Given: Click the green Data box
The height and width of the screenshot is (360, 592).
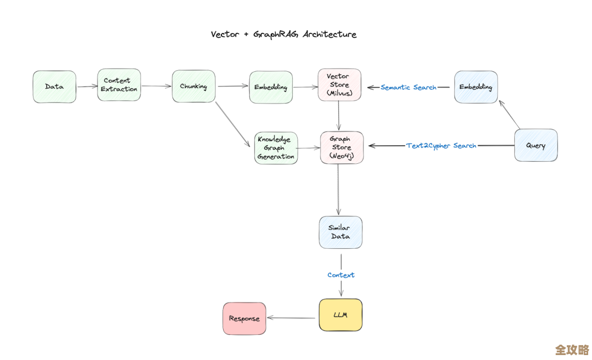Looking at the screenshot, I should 54,87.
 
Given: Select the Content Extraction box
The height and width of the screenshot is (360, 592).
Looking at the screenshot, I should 119,85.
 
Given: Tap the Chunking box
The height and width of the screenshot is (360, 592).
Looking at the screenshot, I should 193,86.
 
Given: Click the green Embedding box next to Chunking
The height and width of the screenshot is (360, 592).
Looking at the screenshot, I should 271,87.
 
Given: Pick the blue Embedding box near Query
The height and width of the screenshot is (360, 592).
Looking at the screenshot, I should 476,87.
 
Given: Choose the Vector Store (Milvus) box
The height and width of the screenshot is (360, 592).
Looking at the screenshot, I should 339,85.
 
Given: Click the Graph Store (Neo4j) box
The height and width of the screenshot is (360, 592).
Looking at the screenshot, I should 341,147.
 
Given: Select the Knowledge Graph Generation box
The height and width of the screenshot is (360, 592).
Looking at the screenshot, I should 276,148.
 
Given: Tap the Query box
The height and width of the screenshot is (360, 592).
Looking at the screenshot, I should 536,145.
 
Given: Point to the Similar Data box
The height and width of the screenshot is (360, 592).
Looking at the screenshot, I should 340,232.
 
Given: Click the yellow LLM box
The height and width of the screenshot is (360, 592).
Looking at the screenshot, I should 340,315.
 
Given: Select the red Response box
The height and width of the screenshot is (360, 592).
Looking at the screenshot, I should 244,318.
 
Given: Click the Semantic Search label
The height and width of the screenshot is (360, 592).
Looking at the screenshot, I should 408,87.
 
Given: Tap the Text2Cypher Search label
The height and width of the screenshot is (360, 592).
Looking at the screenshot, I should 441,146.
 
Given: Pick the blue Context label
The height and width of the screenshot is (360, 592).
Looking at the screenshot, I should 341,275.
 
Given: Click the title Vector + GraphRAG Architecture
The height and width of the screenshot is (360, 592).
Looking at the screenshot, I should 283,34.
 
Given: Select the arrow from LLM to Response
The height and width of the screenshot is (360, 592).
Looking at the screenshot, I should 292,318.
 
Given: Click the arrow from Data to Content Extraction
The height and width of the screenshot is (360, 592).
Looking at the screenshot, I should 87,86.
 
